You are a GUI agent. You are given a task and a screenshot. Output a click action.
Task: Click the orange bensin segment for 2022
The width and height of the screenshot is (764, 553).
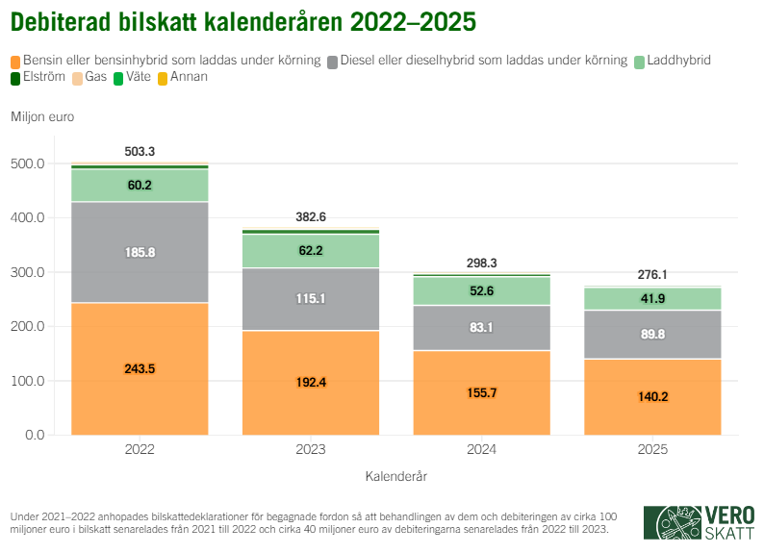point(140,368)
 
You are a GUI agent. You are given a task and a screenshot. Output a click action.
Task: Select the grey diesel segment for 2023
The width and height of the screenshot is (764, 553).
point(310,299)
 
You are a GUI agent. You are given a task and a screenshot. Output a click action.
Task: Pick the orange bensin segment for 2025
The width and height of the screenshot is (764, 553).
point(652,396)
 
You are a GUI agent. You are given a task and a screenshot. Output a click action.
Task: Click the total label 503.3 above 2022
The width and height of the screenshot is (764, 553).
point(140,152)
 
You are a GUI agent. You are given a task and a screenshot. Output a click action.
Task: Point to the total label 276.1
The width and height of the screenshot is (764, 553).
point(652,275)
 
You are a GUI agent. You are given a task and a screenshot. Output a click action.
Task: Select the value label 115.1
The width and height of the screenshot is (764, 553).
point(310,299)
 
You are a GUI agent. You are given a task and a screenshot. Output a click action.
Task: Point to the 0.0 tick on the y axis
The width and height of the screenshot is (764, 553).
point(34,436)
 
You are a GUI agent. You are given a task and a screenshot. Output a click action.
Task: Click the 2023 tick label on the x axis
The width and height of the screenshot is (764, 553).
point(310,450)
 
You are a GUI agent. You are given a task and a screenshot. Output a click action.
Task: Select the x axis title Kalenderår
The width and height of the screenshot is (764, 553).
point(395,476)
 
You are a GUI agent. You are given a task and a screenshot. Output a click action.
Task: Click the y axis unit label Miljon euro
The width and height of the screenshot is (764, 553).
point(42,117)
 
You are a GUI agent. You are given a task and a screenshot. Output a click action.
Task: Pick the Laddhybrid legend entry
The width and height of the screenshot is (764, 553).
point(677,61)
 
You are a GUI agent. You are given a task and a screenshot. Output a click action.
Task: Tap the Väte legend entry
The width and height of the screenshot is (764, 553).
point(134,77)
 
